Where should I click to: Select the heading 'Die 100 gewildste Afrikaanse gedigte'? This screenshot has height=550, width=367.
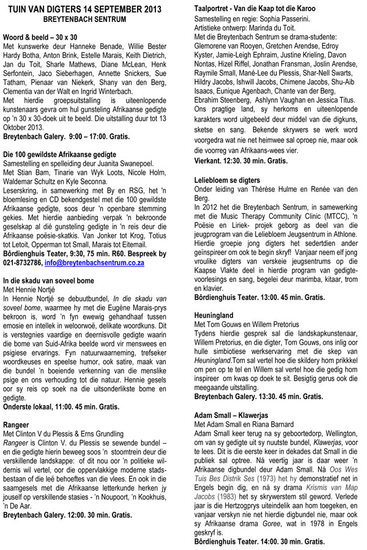[59, 154]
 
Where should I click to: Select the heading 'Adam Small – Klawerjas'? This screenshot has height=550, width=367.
[236, 414]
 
